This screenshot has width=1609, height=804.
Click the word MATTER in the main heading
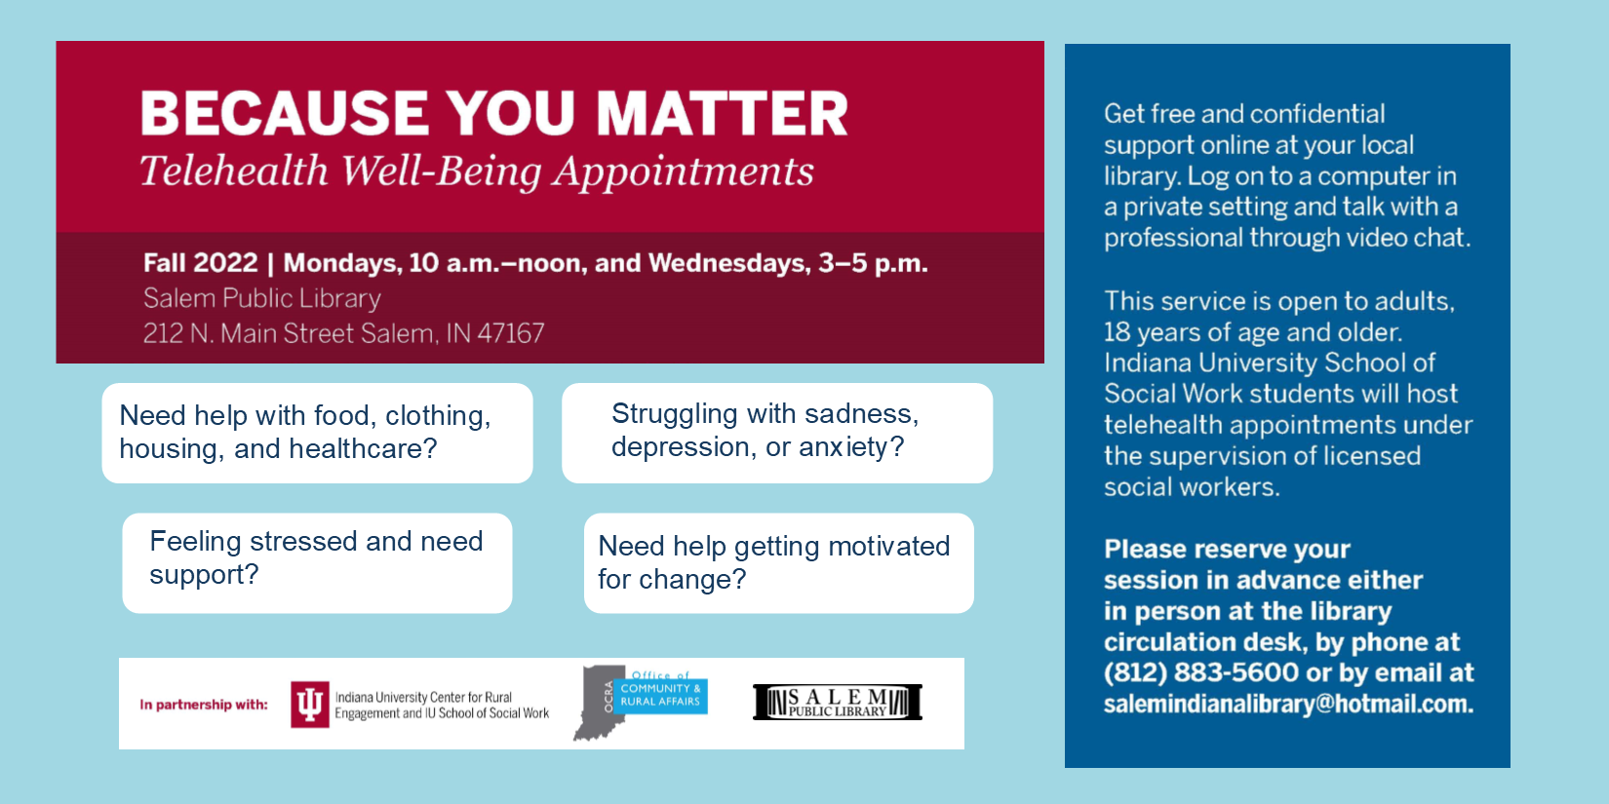722,113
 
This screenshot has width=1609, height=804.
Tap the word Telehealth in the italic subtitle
233,171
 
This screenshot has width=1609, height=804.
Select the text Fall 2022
201,263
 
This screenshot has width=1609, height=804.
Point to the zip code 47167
511,333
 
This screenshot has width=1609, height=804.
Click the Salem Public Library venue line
261,298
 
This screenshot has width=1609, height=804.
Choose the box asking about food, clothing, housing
318,433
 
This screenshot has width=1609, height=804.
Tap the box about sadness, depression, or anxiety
777,433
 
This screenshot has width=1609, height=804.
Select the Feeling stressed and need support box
318,563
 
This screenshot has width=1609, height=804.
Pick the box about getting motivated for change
778,563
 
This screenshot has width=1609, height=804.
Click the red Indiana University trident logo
309,705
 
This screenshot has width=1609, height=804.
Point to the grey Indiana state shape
599,703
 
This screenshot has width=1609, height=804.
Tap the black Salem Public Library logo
838,702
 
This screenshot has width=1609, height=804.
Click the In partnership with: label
203,705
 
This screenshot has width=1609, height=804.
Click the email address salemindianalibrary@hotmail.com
1288,705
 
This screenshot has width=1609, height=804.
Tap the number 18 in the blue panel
1118,332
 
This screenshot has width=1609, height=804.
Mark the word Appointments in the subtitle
683,172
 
